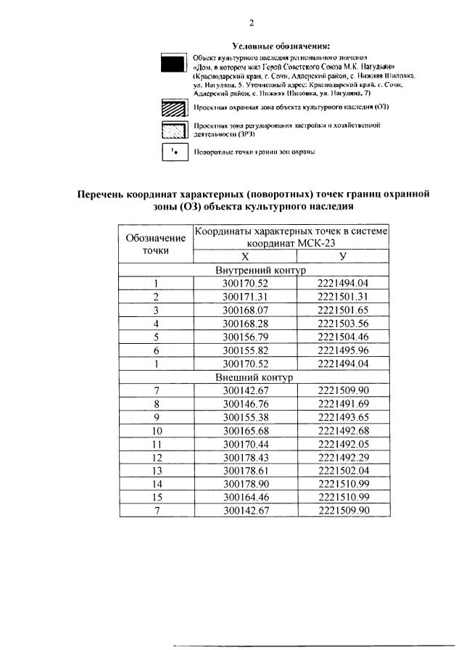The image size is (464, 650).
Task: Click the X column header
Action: (x=245, y=256)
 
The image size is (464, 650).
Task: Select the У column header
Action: (x=343, y=256)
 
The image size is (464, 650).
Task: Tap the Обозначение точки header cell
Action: (x=156, y=244)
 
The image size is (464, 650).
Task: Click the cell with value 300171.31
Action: (x=245, y=297)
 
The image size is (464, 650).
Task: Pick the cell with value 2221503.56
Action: (x=343, y=324)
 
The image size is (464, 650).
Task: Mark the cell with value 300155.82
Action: (x=245, y=350)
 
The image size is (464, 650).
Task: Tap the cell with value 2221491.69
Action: (x=343, y=404)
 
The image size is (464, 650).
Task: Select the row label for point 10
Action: (x=156, y=431)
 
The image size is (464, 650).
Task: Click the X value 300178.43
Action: (x=245, y=458)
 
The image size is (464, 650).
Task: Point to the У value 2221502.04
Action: (x=343, y=471)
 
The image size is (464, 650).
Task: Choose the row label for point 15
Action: (x=156, y=498)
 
